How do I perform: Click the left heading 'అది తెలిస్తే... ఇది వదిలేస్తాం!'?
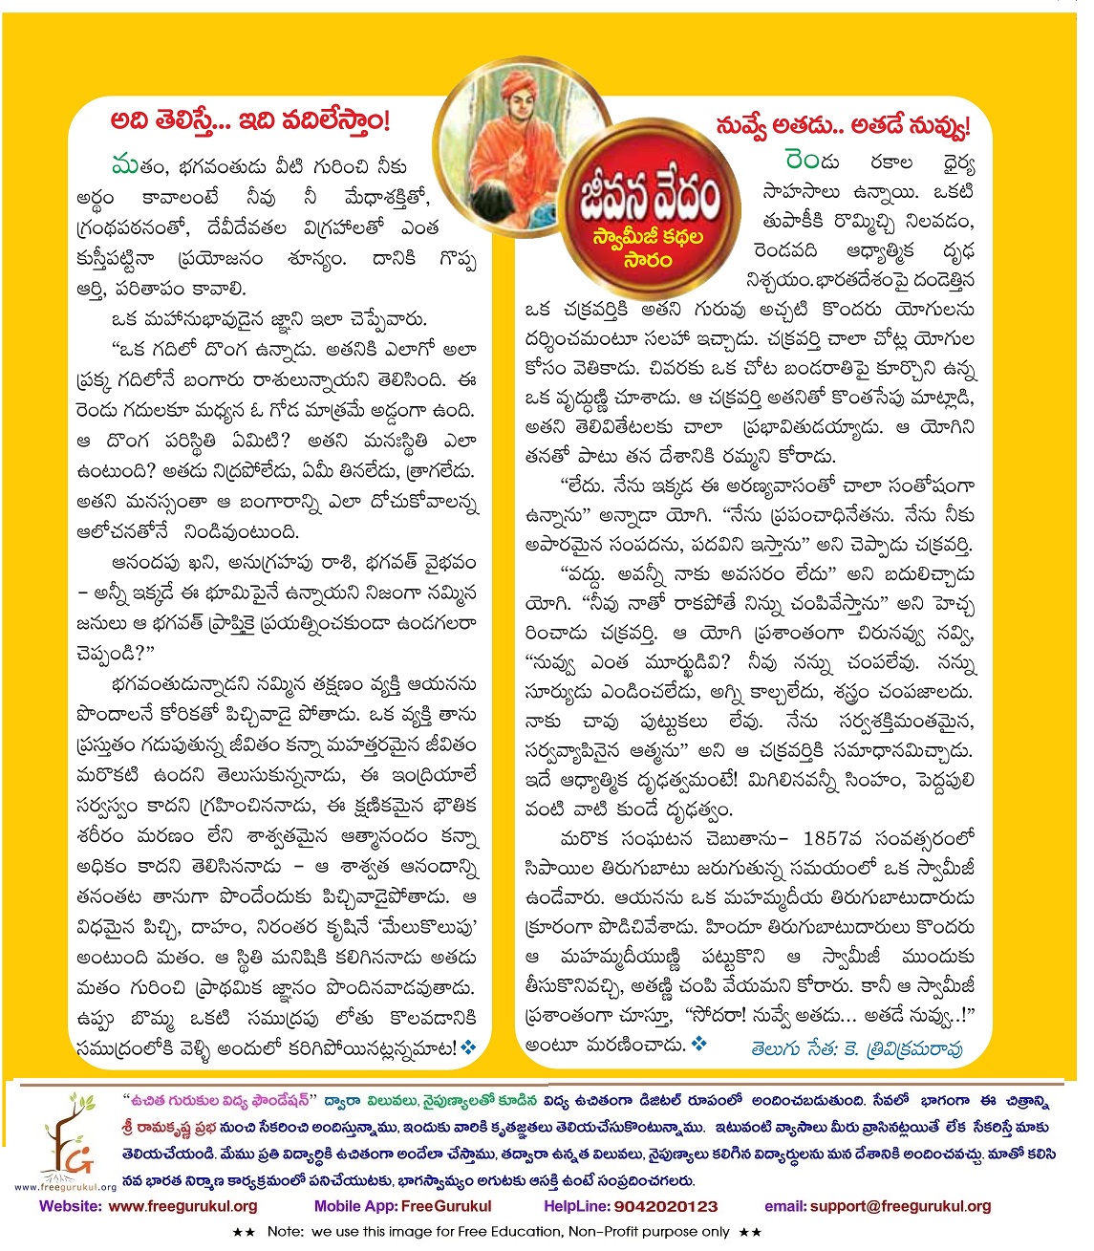251,122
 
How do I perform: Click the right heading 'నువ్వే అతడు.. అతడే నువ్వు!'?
842,125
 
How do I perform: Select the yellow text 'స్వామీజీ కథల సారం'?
649,248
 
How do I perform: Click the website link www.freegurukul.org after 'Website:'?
183,1206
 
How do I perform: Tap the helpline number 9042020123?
666,1206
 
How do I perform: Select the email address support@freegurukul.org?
900,1206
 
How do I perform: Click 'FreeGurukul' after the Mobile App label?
446,1206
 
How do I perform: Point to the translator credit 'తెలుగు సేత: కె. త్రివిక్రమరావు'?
857,1048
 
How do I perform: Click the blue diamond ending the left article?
469,1047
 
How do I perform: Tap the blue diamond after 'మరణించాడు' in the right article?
699,1045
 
